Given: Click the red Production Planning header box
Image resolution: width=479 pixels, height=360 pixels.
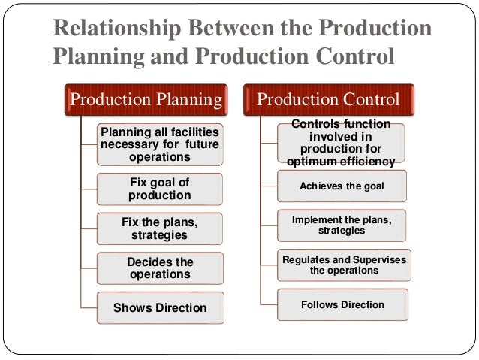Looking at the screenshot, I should pos(146,99).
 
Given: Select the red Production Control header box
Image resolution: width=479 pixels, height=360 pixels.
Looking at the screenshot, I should pos(330,99).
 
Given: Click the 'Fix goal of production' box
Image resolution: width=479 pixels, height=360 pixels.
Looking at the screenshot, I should pos(160,188).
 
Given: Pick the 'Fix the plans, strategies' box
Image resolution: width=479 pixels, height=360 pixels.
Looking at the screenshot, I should pos(160,228).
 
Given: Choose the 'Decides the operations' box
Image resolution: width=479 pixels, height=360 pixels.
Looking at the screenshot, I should pos(160,268).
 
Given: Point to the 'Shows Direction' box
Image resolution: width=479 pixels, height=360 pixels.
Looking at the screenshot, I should pos(160,307).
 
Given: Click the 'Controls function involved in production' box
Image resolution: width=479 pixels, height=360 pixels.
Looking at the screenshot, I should pos(341,143).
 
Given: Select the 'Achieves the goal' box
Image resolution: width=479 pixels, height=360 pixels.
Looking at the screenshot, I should pos(342,186).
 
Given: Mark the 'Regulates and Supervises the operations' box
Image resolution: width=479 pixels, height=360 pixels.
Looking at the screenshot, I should pos(344,265).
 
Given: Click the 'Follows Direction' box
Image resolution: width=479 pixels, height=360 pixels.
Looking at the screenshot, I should pos(342,304).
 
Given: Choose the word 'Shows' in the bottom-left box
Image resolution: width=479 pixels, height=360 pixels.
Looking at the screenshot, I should pos(130,307).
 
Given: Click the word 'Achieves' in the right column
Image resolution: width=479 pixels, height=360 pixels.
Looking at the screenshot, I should pos(320,186).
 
